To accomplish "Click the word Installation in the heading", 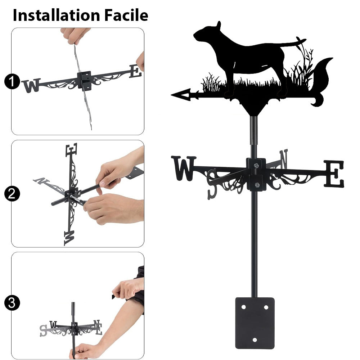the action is coord(56,15).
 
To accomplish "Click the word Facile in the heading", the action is coord(126,15).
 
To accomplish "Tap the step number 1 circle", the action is coord(12,81).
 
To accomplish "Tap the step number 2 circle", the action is coord(12,194).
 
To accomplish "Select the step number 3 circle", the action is coord(12,303).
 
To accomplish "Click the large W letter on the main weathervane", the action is coord(183,168).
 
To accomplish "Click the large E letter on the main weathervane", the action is coord(334,174).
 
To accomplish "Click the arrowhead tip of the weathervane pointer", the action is coord(172,95).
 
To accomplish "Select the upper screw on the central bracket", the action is coord(256,165).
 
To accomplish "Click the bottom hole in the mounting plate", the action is coord(255,340).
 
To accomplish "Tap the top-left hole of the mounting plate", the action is coord(243,307).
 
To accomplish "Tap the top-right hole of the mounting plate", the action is coord(266,307).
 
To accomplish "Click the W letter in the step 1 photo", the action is coord(31,85).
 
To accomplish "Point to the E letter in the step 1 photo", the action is coord(135,71).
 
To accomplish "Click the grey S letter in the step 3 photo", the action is coord(43,330).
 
